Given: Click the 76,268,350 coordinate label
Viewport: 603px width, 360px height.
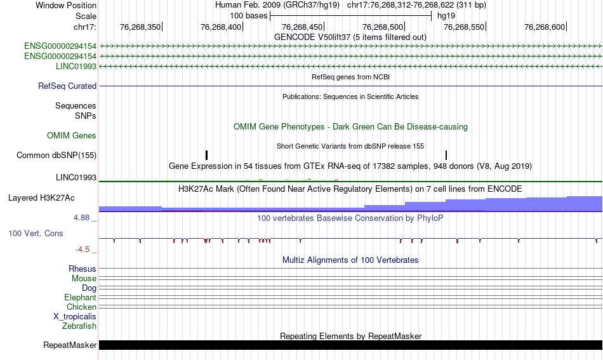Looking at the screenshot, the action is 140,27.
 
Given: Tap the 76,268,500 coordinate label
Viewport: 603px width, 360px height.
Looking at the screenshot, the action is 383,27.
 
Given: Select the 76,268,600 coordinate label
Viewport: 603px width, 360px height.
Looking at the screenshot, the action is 545,27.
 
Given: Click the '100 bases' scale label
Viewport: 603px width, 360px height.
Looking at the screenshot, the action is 248,16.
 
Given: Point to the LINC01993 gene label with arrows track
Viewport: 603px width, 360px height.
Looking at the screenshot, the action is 76,66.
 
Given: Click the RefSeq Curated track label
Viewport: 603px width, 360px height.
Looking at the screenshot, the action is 67,86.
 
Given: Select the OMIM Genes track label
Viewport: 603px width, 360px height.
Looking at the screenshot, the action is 72,135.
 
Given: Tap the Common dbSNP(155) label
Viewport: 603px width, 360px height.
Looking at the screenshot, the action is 56,156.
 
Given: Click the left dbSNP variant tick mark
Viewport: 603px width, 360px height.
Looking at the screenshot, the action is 206,155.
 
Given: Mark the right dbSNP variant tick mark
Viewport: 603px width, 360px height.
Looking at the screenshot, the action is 446,155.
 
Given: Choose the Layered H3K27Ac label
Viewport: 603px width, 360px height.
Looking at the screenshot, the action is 41,197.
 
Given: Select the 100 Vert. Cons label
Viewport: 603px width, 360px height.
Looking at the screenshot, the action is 36,234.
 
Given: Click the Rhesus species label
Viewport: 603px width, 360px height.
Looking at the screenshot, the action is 83,269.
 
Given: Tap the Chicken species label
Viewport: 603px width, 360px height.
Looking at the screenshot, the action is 81,307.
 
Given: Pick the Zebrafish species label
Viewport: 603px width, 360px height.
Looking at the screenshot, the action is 79,326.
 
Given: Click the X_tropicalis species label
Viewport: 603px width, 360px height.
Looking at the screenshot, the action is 75,317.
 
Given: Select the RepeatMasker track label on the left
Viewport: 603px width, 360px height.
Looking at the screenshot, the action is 70,345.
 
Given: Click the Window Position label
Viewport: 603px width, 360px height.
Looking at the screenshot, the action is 66,5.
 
